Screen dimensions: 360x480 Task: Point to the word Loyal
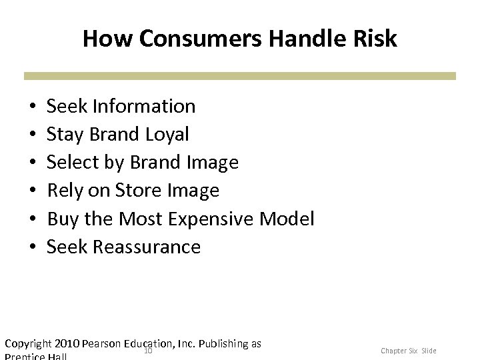(166, 134)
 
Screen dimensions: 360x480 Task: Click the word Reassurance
(147, 247)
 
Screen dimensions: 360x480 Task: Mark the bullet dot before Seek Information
(33, 107)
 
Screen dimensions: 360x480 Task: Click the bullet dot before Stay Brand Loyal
(33, 135)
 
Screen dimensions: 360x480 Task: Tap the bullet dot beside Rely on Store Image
(33, 191)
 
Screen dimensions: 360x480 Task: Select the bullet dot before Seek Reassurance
(33, 247)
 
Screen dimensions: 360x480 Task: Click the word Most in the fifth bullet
(140, 219)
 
